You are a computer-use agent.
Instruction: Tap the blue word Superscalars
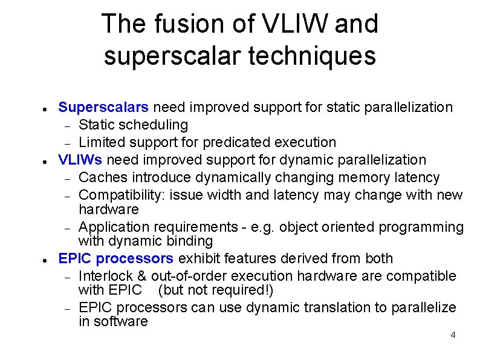(x=103, y=108)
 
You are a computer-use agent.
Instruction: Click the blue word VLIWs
(x=80, y=160)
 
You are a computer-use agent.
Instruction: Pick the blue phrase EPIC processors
(x=115, y=259)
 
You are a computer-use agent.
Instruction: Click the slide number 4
(x=453, y=335)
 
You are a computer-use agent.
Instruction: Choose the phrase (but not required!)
(x=216, y=290)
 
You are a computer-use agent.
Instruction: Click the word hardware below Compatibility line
(x=109, y=210)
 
